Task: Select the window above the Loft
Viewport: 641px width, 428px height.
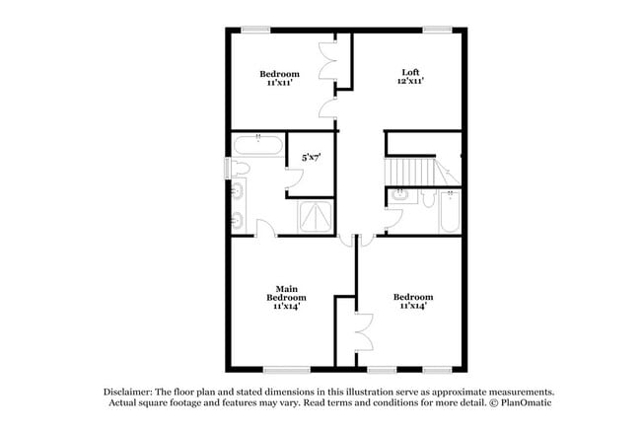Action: pyautogui.click(x=438, y=30)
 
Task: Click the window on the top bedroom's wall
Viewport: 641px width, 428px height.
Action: pyautogui.click(x=256, y=30)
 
